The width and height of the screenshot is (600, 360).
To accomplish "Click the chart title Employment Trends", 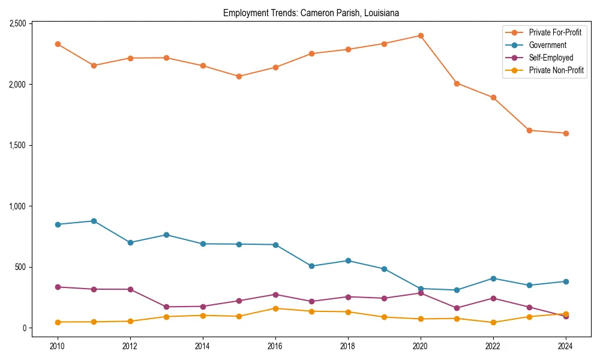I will tap(311, 13).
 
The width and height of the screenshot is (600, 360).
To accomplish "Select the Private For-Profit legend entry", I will tap(555, 32).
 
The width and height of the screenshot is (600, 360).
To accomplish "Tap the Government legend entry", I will tap(547, 45).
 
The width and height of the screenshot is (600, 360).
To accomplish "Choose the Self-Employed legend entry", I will tap(551, 58).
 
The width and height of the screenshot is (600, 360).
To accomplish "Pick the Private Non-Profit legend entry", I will tap(556, 71).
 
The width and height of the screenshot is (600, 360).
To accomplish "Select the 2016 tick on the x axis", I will tap(275, 346).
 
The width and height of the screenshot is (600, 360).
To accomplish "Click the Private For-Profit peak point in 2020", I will tap(421, 35).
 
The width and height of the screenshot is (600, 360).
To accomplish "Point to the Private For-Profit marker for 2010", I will tap(58, 44).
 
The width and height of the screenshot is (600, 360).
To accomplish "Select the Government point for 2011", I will tap(94, 221).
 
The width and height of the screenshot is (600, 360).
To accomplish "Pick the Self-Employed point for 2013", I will tap(166, 307).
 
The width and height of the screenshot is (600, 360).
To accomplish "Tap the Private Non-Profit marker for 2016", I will tap(275, 308).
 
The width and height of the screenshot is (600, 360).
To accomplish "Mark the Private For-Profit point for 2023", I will tap(529, 130).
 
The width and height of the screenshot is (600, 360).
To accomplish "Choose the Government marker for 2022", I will tap(493, 278).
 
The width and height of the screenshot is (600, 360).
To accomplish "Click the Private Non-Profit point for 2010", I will tap(58, 322).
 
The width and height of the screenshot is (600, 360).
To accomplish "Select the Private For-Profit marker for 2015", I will tap(239, 76).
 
